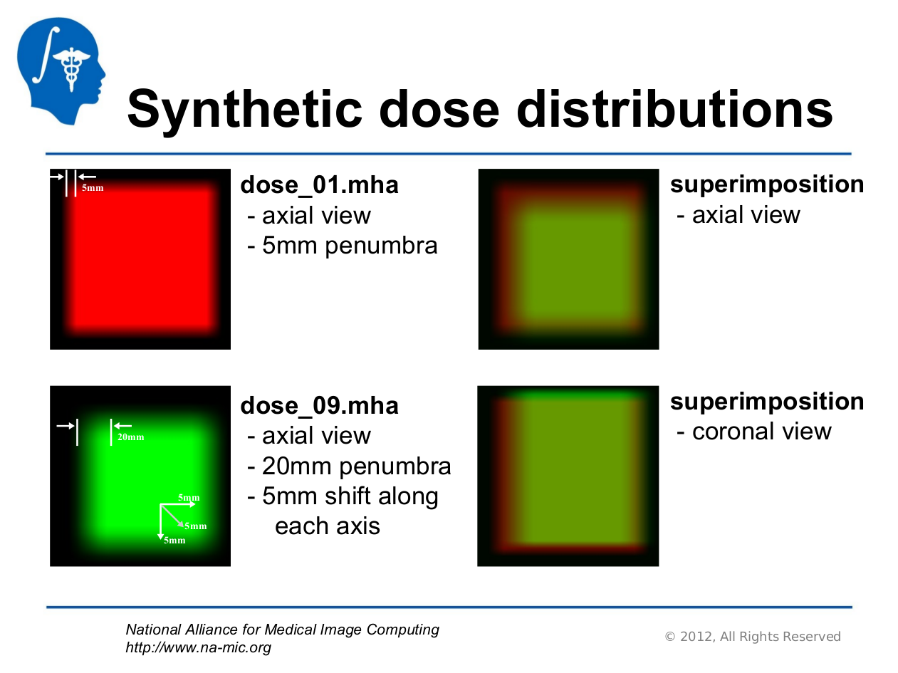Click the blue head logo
pyautogui.click(x=61, y=71)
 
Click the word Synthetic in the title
pyautogui.click(x=245, y=110)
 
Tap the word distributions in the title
pyautogui.click(x=674, y=108)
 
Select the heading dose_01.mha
pyautogui.click(x=319, y=185)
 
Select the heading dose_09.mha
pyautogui.click(x=319, y=405)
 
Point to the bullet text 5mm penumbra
pyautogui.click(x=350, y=246)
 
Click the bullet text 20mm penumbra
pyautogui.click(x=356, y=466)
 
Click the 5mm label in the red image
pyautogui.click(x=93, y=188)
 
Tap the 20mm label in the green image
pyautogui.click(x=131, y=437)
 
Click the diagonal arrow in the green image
pyautogui.click(x=172, y=516)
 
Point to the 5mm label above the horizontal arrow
pyautogui.click(x=189, y=498)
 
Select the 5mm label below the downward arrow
pyautogui.click(x=174, y=541)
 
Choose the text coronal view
pyautogui.click(x=762, y=431)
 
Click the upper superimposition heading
pyautogui.click(x=767, y=185)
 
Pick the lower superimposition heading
pyautogui.click(x=767, y=402)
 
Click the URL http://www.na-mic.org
pyautogui.click(x=199, y=647)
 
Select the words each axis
pyautogui.click(x=328, y=526)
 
